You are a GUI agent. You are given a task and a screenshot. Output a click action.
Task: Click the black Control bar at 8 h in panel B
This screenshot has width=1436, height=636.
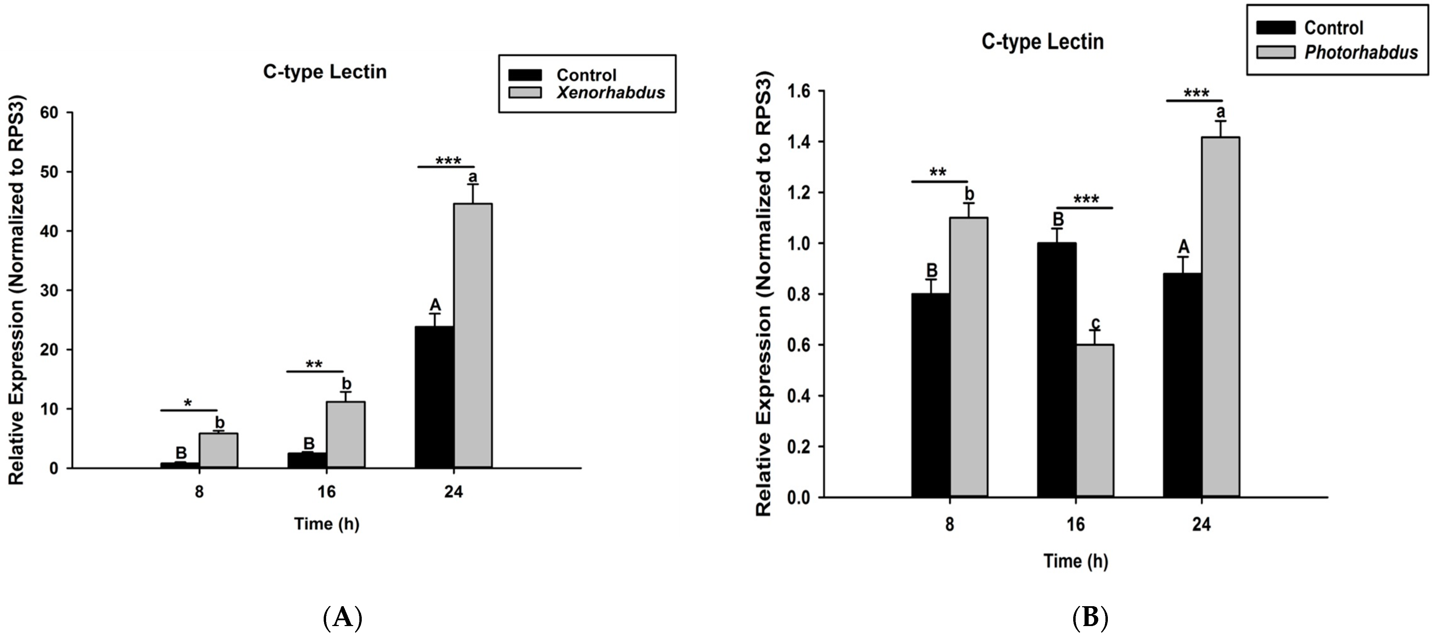(x=930, y=395)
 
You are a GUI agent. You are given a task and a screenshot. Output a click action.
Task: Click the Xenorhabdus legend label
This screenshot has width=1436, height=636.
(x=610, y=93)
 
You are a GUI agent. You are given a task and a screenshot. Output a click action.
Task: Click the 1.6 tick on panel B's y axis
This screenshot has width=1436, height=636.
(x=798, y=92)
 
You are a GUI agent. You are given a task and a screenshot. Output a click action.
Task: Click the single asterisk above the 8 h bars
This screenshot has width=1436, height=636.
(x=188, y=403)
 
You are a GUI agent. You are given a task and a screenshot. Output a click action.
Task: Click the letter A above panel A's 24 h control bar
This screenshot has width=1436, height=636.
(x=435, y=305)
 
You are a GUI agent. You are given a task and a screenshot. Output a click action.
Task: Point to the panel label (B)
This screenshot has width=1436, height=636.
(x=1090, y=617)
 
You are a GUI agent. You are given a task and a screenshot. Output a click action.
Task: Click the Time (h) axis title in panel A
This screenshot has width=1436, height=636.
(x=327, y=524)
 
